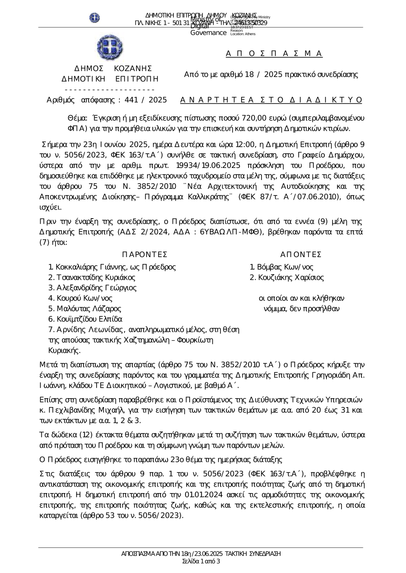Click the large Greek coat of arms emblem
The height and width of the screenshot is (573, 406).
[110, 47]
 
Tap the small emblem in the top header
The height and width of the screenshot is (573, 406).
[95, 17]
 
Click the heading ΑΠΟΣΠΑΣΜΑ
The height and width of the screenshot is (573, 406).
[274, 54]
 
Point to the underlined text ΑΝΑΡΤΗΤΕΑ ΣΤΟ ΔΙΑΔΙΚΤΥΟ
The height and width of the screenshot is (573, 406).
[271, 100]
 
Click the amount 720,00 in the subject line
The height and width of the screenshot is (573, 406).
[254, 118]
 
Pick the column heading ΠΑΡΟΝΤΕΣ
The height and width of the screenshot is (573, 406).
[145, 254]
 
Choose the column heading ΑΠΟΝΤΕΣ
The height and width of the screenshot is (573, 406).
[301, 254]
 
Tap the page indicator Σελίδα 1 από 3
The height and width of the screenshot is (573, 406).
[201, 562]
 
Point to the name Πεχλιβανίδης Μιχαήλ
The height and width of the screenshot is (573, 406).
[86, 410]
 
